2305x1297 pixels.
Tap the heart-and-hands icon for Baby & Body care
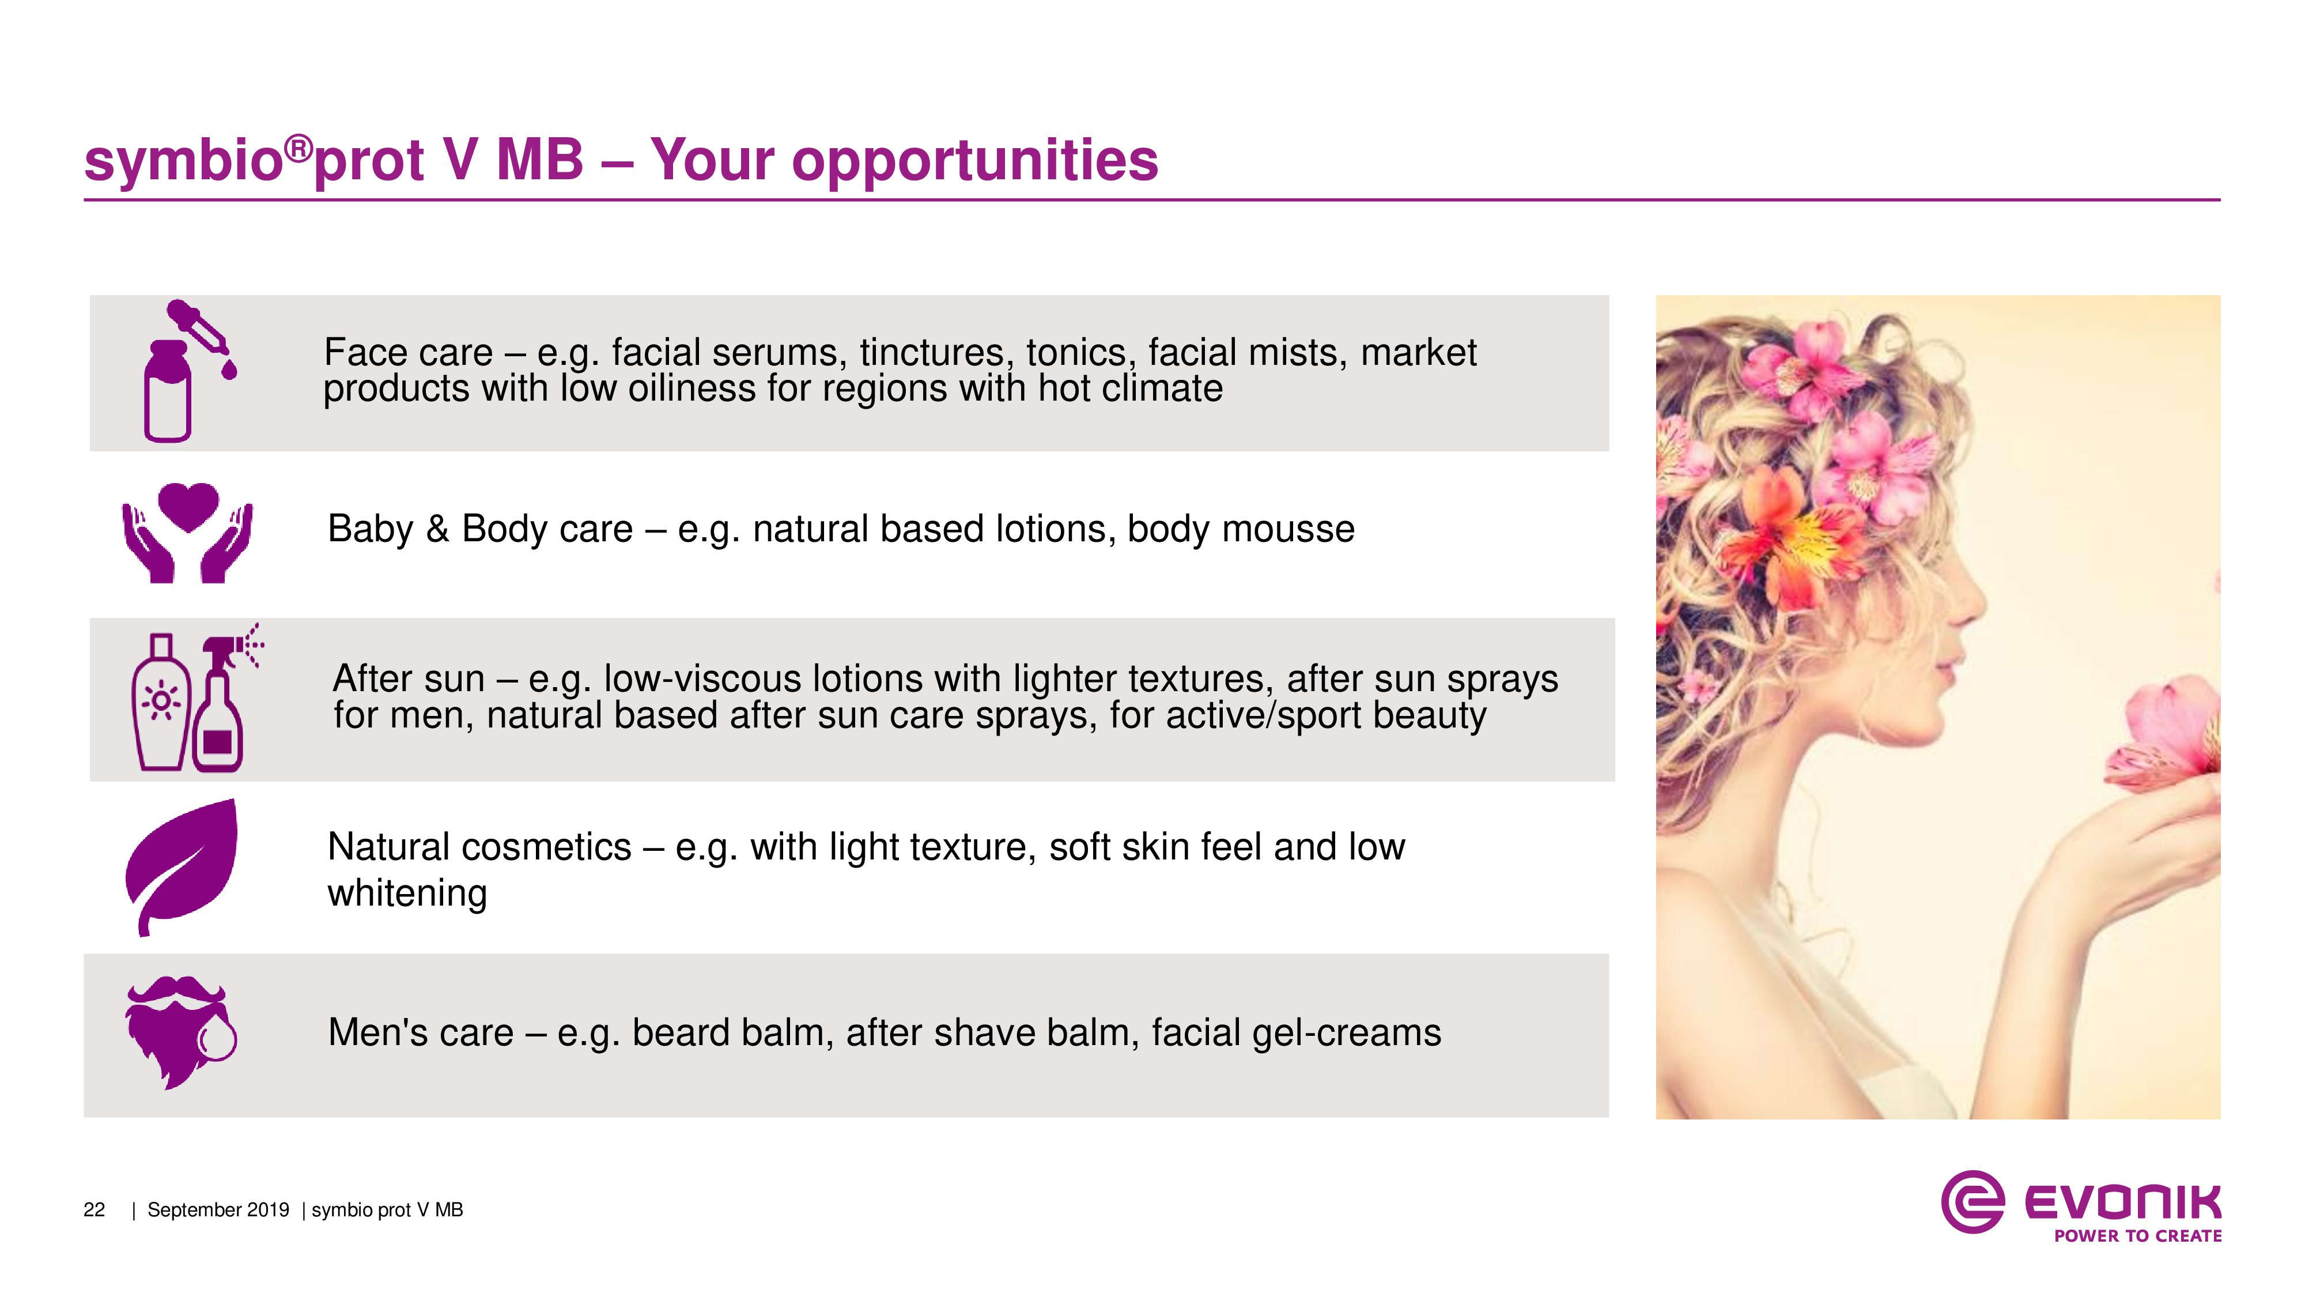pyautogui.click(x=188, y=533)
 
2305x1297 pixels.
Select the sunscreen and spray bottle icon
pyautogui.click(x=195, y=698)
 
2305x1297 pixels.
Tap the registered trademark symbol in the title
pyautogui.click(x=300, y=148)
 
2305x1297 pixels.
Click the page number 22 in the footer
pyautogui.click(x=94, y=1210)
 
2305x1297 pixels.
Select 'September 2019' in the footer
pyautogui.click(x=218, y=1210)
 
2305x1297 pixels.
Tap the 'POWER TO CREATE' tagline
pyautogui.click(x=2138, y=1236)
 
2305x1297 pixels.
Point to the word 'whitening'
pyautogui.click(x=407, y=894)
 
